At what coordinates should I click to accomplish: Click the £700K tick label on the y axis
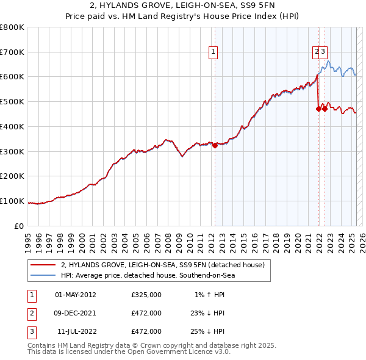12,52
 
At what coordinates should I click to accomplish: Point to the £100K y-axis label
12,201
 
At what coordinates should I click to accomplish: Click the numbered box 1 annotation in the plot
213,52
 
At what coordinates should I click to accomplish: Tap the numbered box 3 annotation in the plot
323,52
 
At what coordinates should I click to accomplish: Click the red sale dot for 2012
215,145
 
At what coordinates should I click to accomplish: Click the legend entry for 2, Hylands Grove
162,265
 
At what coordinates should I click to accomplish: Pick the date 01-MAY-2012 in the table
76,295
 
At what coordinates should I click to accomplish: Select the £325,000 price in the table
146,295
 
